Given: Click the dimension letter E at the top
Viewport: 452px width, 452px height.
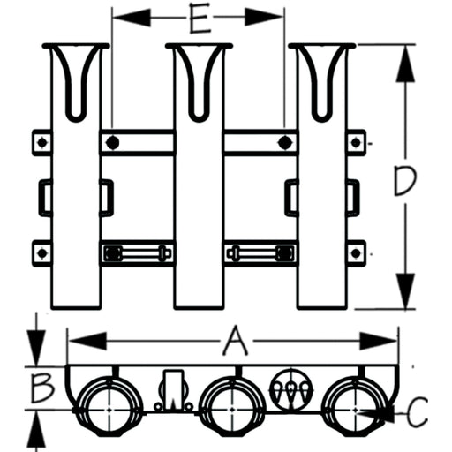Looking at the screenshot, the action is tap(200, 18).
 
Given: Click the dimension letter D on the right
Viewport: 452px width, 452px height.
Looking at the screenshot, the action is tap(405, 180).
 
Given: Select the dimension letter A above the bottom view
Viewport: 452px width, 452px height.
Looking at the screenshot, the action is tap(235, 340).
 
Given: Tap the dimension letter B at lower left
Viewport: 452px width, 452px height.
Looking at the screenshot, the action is tap(42, 388).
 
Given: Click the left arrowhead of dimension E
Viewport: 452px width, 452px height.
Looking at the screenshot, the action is tap(132, 18).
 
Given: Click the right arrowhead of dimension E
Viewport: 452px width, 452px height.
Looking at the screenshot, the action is tap(263, 17).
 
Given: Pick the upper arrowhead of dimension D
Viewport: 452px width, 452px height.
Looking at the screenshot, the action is tap(405, 64).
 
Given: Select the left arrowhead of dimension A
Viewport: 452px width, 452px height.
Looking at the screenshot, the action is tap(87, 342).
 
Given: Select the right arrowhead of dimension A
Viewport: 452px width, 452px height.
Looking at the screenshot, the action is tap(379, 342).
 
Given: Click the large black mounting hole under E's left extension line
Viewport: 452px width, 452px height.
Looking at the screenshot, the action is tap(112, 143).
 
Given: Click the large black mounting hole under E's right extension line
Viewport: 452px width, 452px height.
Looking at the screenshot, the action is tap(284, 143).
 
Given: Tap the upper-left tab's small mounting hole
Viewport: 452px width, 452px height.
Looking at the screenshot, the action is tap(41, 143).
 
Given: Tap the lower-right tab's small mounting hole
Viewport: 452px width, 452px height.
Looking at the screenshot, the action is tap(356, 253).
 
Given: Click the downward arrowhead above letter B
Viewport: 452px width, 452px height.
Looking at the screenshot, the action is tap(36, 348).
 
